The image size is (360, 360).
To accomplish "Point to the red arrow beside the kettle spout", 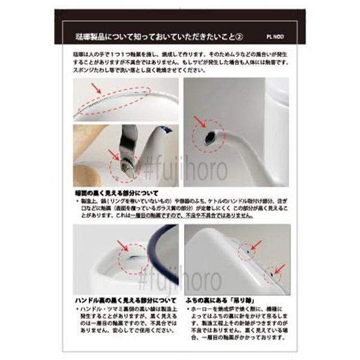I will click(x=198, y=120).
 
